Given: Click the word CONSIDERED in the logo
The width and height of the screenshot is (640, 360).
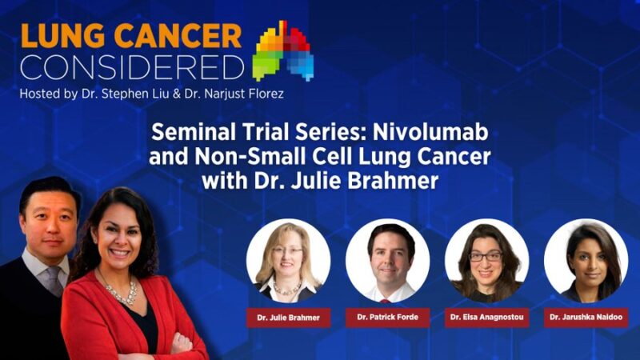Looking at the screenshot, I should coord(132,66).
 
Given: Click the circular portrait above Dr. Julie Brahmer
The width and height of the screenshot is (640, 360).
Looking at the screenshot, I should coord(288,259).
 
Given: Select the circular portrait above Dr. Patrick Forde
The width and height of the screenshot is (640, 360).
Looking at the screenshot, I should coord(387,259).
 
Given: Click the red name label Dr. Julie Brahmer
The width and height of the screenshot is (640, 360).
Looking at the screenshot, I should coord(288,318).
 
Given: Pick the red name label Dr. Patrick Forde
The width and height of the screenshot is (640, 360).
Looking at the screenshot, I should coord(387,318).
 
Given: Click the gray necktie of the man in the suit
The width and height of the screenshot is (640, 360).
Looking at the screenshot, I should coord(54,280).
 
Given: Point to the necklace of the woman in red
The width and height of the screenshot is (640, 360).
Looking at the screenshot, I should coord(119,291).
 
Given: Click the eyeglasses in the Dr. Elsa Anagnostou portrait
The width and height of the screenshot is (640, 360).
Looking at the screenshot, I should coord(486,256).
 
